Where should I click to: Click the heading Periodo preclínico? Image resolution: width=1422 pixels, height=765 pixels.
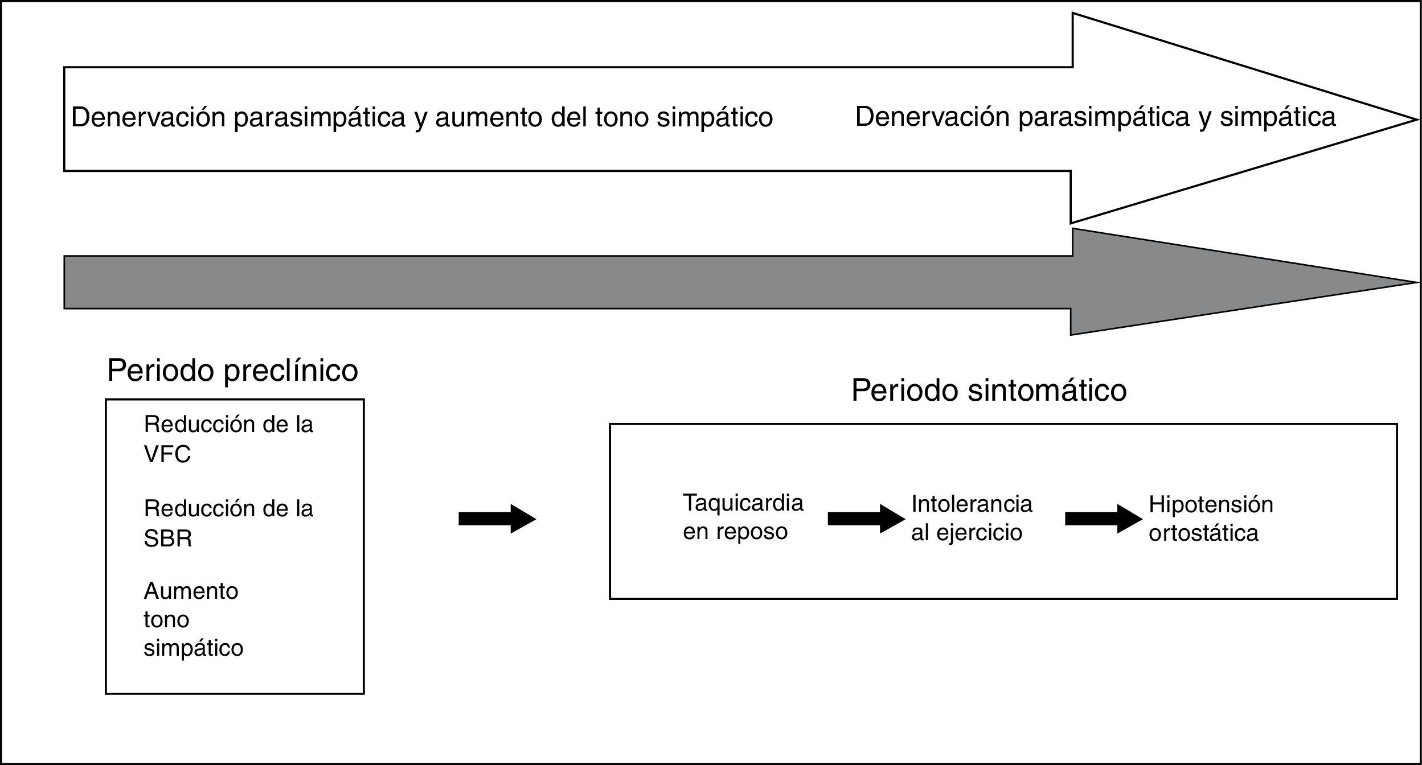pos(232,371)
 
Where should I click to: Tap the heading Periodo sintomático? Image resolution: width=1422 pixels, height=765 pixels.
pos(989,390)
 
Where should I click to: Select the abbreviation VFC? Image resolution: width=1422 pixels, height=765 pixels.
pos(167,454)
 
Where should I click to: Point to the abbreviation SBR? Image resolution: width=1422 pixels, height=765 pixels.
pos(167,538)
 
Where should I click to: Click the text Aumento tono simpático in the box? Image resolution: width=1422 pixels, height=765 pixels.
pos(193,620)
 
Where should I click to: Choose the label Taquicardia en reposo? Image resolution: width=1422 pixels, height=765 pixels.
pos(743,517)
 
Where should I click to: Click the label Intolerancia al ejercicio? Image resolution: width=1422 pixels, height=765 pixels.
pos(972,518)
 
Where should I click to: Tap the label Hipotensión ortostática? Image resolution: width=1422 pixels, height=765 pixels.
pos(1211,519)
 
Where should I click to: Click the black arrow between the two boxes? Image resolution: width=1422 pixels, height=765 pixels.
pos(497,519)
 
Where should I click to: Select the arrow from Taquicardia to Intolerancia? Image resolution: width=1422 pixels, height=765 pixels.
pos(866,519)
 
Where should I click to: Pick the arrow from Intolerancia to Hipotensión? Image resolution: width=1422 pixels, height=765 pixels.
pos(1103,519)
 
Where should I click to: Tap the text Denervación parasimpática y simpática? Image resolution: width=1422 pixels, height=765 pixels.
pos(1095,117)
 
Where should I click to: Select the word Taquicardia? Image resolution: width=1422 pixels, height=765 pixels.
pos(743,503)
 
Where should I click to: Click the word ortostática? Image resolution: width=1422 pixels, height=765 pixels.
pos(1203,533)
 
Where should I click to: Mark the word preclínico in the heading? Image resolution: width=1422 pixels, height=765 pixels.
pos(290,371)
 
